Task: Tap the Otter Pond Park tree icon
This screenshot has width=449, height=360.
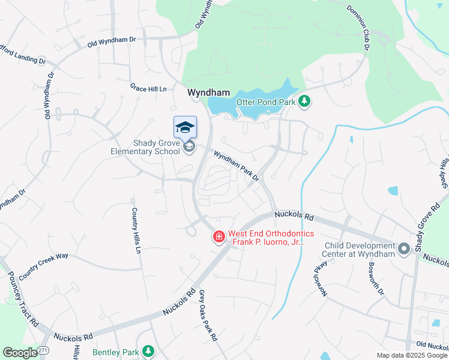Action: (x=305, y=101)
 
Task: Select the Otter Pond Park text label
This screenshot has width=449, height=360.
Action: (x=266, y=103)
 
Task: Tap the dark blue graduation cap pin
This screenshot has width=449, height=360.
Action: (x=185, y=127)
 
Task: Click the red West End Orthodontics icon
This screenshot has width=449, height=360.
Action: (x=219, y=237)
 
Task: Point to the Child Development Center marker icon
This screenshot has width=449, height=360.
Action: (x=404, y=248)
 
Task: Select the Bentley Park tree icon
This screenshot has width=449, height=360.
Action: (x=148, y=352)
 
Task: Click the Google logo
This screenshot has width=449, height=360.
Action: (x=19, y=353)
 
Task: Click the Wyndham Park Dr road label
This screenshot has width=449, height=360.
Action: (x=238, y=166)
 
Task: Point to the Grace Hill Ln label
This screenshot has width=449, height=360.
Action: (x=148, y=88)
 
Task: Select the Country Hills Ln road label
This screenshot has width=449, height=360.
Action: (x=136, y=230)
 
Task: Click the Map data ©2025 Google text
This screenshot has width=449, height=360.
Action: (x=412, y=355)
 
